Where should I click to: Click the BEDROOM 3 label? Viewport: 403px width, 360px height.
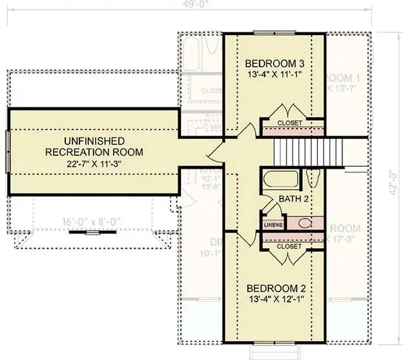point(274,64)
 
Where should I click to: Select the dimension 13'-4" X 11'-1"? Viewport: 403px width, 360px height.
point(274,75)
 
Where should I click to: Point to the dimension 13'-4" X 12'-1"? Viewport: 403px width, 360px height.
point(274,300)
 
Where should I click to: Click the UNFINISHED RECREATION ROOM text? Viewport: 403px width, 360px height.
point(94,146)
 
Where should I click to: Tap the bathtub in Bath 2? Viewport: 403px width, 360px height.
point(281,179)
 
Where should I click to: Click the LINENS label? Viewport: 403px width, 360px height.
point(272,224)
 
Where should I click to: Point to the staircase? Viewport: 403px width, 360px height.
point(298,152)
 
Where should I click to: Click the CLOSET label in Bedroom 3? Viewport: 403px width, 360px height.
point(289,123)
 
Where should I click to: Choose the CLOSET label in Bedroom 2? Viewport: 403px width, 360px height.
point(289,246)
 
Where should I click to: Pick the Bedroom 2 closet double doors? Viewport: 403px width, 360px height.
point(289,258)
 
